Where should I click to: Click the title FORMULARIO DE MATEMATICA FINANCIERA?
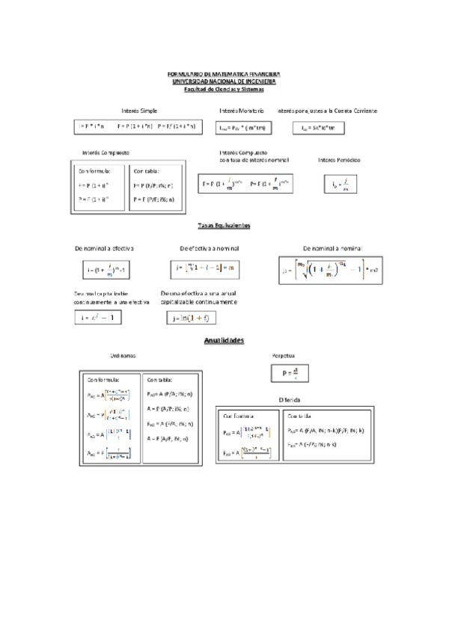(x=224, y=75)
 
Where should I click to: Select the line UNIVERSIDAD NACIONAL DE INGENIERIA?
(x=224, y=81)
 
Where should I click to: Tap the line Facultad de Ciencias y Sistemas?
(x=224, y=88)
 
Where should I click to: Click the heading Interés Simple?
(x=139, y=111)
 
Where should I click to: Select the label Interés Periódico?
(x=339, y=159)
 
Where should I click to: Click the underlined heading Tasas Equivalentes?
(x=224, y=225)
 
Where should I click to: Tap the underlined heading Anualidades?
(x=224, y=340)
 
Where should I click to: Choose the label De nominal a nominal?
(x=332, y=247)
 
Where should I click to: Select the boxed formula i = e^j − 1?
(x=98, y=318)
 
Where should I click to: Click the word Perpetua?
(x=284, y=356)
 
